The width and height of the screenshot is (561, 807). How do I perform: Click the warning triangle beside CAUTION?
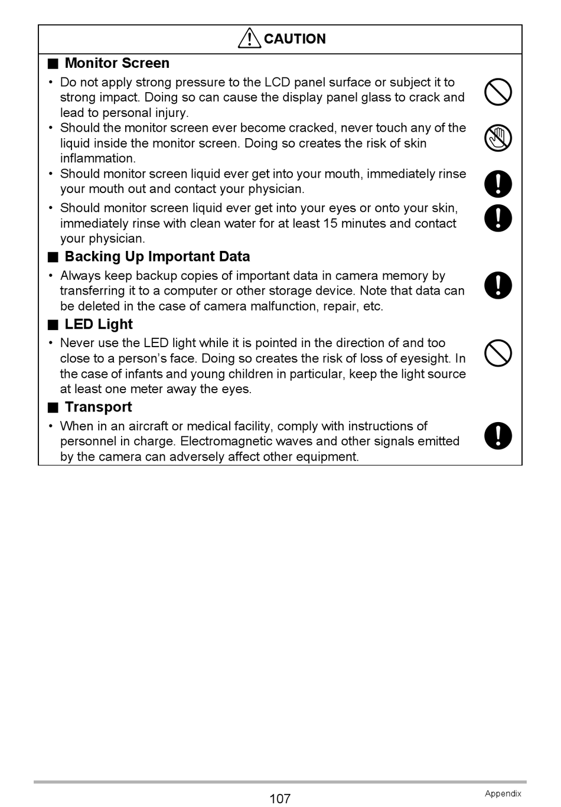pyautogui.click(x=249, y=38)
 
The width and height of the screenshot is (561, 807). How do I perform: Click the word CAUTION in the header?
pyautogui.click(x=295, y=39)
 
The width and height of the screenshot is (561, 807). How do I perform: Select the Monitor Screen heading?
pyautogui.click(x=117, y=63)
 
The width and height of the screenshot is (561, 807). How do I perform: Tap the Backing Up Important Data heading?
pyautogui.click(x=157, y=257)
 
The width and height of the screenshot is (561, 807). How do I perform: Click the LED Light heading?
pyautogui.click(x=99, y=325)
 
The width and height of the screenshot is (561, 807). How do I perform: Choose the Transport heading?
pyautogui.click(x=98, y=407)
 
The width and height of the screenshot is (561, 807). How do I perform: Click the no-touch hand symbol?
pyautogui.click(x=498, y=138)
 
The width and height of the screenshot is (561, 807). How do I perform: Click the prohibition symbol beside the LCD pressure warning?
pyautogui.click(x=498, y=93)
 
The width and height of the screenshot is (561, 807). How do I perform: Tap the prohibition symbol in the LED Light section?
pyautogui.click(x=498, y=354)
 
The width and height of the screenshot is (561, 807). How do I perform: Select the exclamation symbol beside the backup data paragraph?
pyautogui.click(x=498, y=286)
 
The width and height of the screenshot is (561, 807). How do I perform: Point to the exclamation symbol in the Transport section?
pyautogui.click(x=498, y=436)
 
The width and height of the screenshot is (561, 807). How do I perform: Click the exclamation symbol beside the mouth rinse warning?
pyautogui.click(x=498, y=184)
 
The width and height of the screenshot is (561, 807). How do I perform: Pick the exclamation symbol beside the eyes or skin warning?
pyautogui.click(x=498, y=218)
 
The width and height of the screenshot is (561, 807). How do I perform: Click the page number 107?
pyautogui.click(x=280, y=799)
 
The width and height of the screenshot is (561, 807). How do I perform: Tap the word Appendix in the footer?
pyautogui.click(x=503, y=794)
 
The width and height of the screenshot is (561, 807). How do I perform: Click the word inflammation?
pyautogui.click(x=97, y=159)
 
